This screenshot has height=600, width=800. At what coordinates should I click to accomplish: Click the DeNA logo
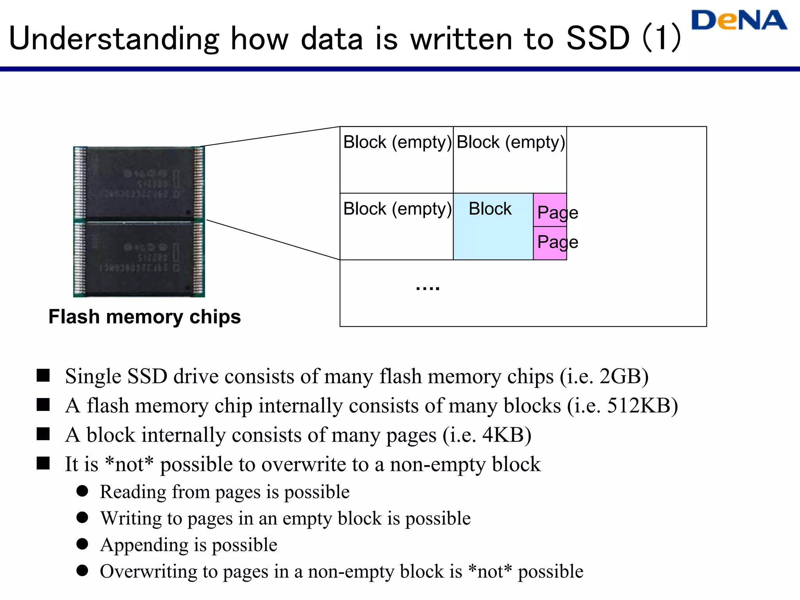point(739,20)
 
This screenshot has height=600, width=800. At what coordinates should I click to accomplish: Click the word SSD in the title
point(598,38)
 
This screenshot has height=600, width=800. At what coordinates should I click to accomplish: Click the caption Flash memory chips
point(145,316)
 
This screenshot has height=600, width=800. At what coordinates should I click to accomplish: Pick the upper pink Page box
point(550,210)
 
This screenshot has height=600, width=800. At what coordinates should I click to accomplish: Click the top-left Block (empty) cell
point(396,159)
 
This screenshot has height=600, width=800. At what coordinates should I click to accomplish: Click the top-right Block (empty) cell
point(510,159)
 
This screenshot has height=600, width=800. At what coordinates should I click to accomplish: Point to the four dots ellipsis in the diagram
point(428,288)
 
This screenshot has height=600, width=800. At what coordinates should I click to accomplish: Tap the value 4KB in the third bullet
point(504,435)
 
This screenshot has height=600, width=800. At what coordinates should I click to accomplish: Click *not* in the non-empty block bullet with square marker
point(129,464)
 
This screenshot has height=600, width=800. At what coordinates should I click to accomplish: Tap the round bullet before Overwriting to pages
point(82,570)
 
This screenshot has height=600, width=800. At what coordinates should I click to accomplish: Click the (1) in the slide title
point(662,38)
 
